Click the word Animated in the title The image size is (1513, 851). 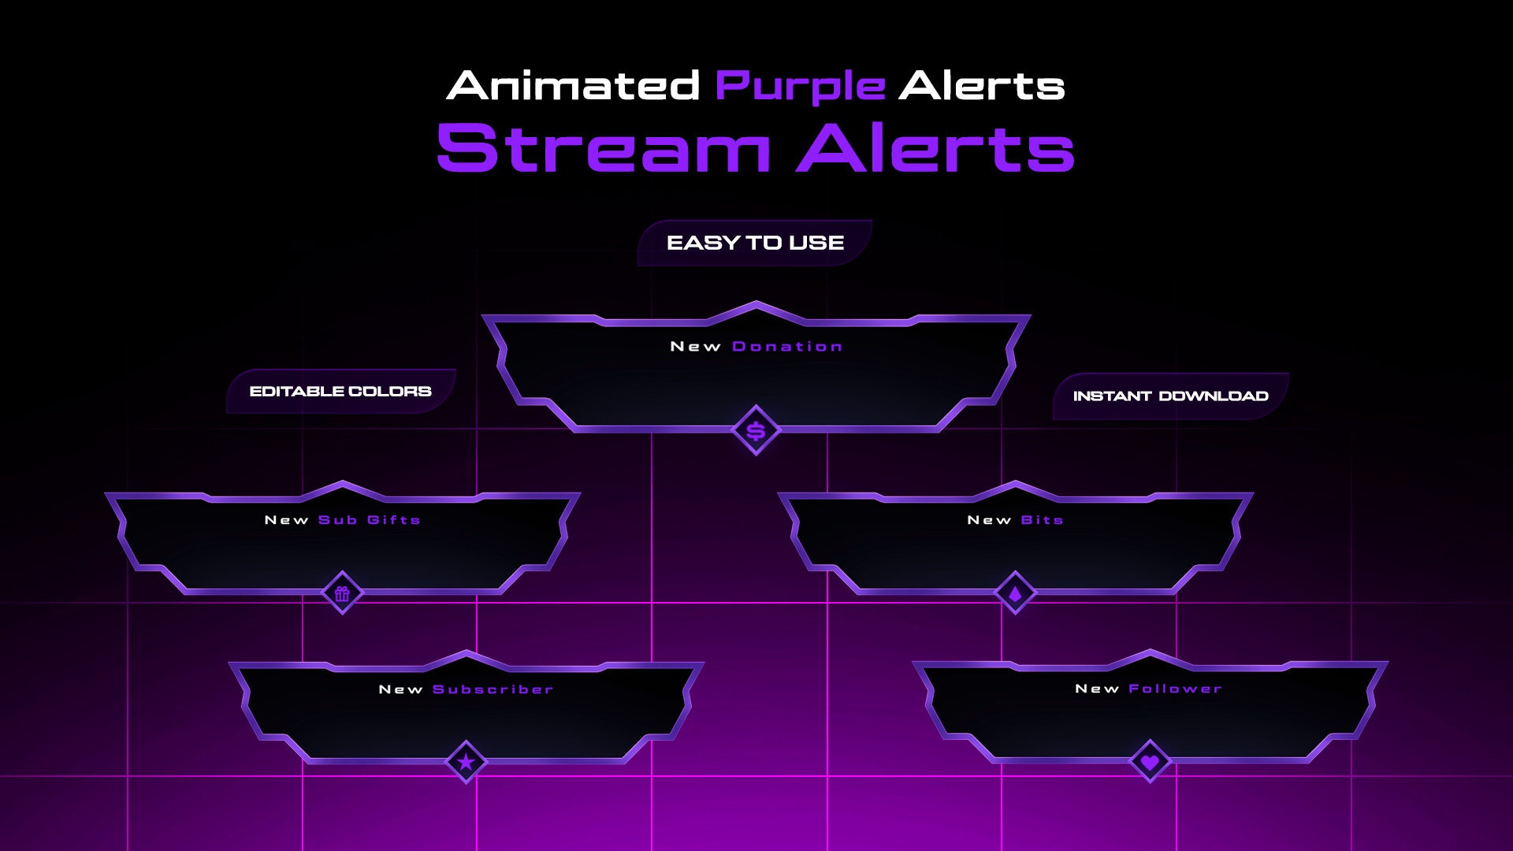coord(573,86)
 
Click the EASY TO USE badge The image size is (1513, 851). coord(755,243)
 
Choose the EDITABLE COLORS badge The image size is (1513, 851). coord(340,392)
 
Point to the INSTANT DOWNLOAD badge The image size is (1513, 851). coord(1170,396)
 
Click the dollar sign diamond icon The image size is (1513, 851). coord(756,431)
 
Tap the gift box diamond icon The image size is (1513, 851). coord(342,593)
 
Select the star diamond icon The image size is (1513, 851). coord(466,762)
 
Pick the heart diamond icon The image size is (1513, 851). coord(1150,762)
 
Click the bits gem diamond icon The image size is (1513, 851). coord(1015,593)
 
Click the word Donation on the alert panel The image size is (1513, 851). coord(787,347)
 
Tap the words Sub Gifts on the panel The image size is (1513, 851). coord(369,520)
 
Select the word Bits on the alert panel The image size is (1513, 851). coord(1042,520)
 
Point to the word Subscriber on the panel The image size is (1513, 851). coord(493,689)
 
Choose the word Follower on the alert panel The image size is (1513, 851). coord(1175,689)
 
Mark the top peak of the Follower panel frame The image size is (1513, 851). coord(1150,653)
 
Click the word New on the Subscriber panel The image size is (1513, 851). coord(401,689)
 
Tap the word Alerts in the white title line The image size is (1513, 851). coord(981,86)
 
